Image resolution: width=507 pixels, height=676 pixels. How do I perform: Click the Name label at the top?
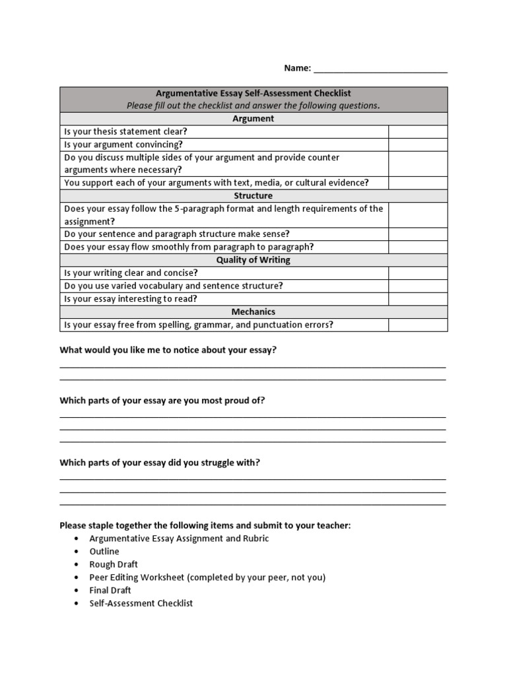[x=296, y=68]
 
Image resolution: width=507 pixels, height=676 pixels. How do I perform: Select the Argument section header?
[x=253, y=119]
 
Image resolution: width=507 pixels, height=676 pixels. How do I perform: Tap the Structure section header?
[x=253, y=196]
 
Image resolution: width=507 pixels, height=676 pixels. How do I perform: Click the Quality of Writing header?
[x=253, y=260]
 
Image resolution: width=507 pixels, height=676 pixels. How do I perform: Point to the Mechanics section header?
[x=253, y=312]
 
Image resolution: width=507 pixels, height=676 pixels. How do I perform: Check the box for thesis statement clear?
[x=417, y=131]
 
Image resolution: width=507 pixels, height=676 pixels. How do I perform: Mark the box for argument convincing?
[x=417, y=145]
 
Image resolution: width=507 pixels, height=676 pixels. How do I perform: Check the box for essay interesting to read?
[x=417, y=298]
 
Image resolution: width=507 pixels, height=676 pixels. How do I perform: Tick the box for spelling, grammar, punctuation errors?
[x=417, y=325]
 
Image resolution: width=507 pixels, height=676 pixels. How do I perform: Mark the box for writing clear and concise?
[x=417, y=273]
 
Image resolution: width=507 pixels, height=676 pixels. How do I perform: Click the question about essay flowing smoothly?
[x=189, y=247]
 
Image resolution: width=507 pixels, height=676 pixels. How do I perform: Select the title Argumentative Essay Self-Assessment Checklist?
[x=253, y=94]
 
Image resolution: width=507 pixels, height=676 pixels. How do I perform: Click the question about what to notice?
[x=168, y=350]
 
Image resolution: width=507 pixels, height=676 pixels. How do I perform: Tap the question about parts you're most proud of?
[x=162, y=401]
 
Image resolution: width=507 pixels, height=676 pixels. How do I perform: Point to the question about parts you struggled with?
[x=160, y=463]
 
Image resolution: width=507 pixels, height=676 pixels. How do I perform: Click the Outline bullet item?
[x=104, y=551]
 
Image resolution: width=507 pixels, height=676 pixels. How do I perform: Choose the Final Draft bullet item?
[x=110, y=590]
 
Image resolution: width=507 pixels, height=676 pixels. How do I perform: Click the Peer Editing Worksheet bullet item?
[x=207, y=577]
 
